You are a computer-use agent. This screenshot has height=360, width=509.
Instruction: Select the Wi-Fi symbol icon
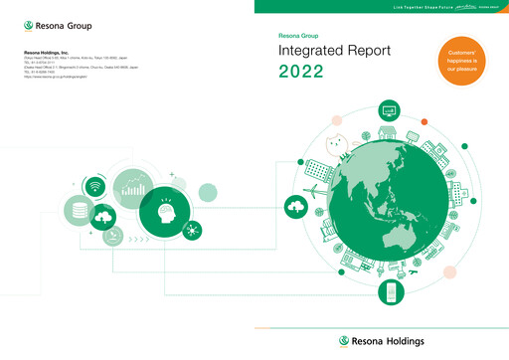[95, 186]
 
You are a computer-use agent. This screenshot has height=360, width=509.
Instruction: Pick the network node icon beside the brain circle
[190, 230]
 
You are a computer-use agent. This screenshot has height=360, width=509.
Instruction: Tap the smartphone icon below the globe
[391, 292]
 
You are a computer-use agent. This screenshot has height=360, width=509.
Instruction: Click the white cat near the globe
[335, 147]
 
